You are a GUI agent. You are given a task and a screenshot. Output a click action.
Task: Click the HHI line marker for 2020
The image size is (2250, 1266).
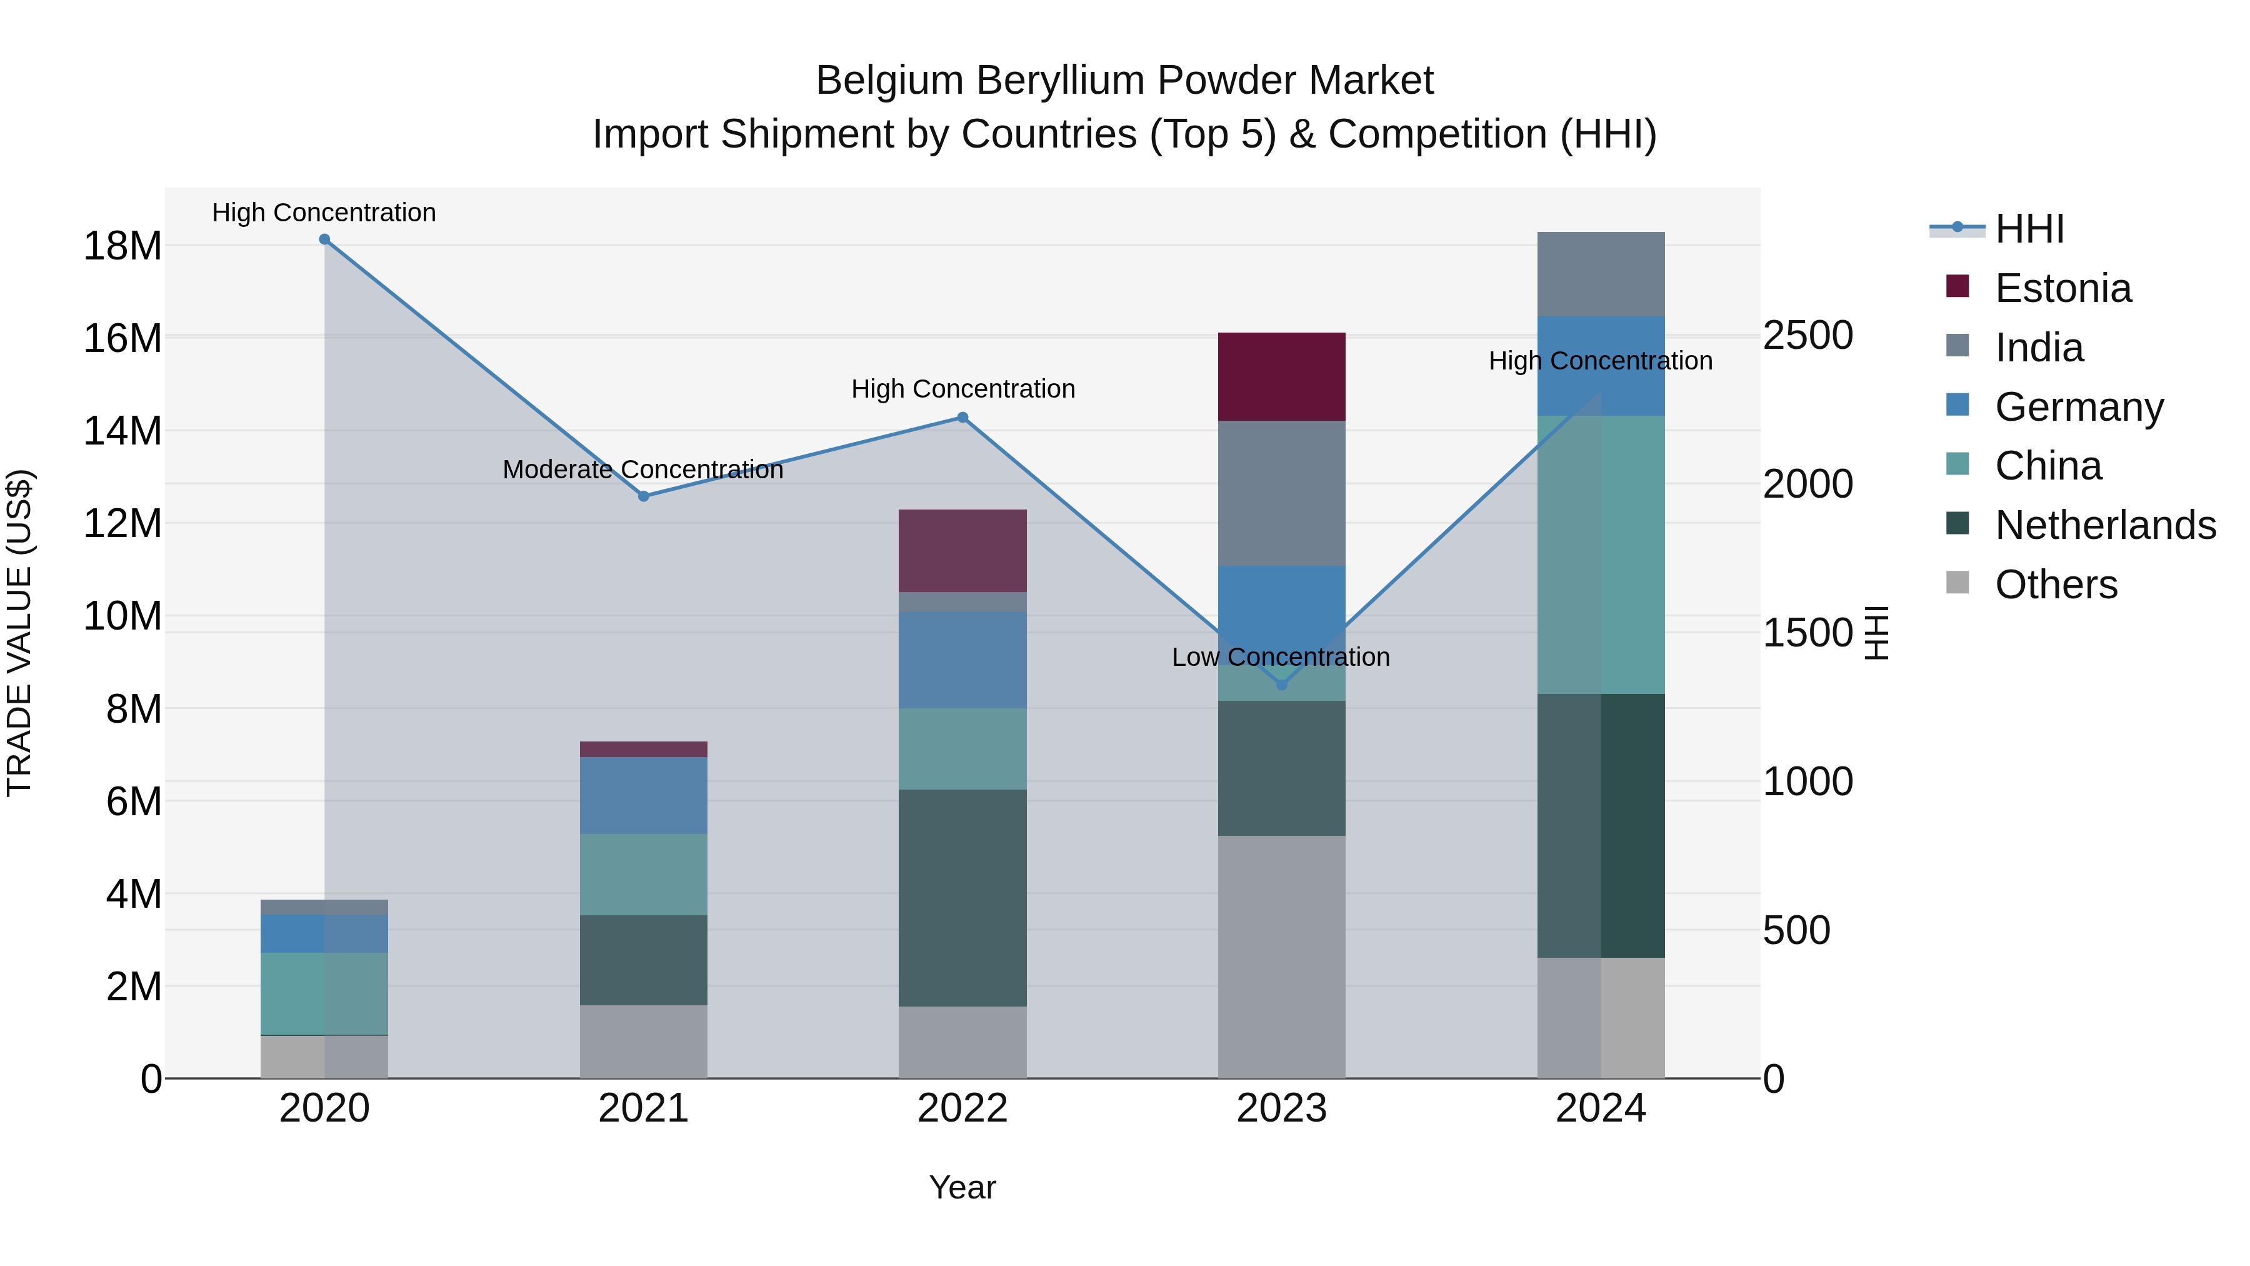[324, 239]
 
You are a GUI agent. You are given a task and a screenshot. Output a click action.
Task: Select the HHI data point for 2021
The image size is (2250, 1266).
[644, 496]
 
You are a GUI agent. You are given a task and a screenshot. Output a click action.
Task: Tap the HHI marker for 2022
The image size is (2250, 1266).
[962, 418]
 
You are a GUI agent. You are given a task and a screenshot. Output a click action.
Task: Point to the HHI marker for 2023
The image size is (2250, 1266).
[1281, 685]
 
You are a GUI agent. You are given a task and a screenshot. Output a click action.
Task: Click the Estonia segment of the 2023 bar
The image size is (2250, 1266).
[1281, 376]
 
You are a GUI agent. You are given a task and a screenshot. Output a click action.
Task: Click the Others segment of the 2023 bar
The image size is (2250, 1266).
[1281, 957]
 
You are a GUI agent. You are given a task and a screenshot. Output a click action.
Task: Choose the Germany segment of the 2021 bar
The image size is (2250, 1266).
[644, 795]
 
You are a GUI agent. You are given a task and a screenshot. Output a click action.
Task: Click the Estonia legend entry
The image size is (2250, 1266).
[2062, 288]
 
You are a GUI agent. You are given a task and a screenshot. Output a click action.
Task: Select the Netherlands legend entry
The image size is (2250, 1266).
[2105, 525]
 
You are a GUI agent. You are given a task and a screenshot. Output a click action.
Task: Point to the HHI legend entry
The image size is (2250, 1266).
[2029, 229]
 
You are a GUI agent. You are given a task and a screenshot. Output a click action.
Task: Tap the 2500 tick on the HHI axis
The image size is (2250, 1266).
[1807, 336]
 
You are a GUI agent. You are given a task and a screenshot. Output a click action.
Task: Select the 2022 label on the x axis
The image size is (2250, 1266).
[962, 1108]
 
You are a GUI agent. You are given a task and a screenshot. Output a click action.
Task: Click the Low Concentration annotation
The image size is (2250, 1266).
[1281, 657]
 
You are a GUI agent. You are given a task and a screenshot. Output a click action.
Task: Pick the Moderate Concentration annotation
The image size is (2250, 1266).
[643, 470]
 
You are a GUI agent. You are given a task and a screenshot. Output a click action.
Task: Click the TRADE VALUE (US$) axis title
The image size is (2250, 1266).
[19, 633]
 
